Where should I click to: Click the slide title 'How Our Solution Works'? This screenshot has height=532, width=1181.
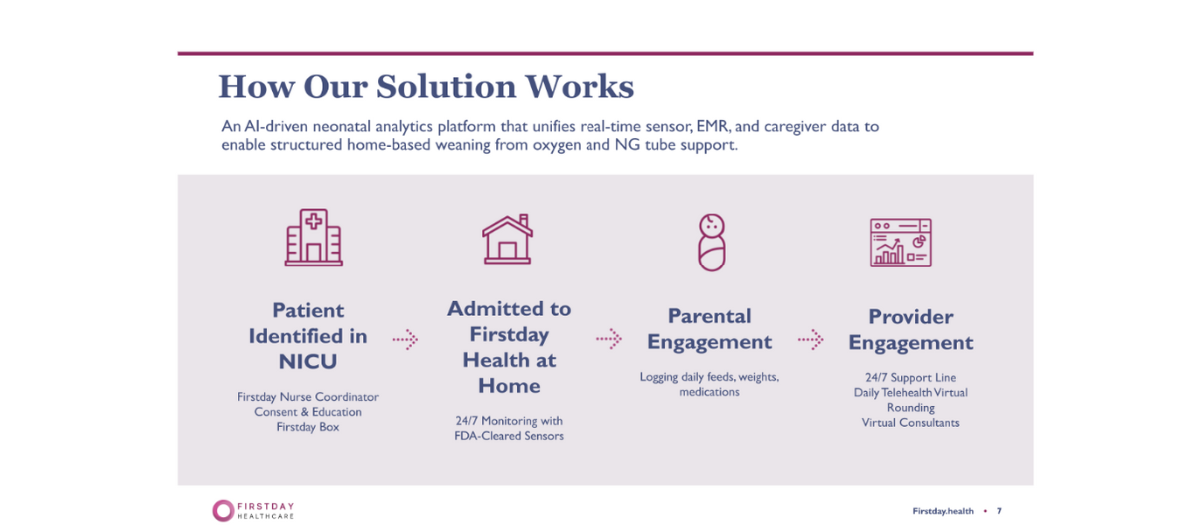426,87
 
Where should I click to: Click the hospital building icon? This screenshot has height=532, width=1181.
313,237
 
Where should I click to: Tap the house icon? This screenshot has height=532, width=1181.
507,239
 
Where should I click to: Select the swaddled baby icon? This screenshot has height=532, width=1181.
711,241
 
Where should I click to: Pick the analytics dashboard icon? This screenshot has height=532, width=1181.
900,242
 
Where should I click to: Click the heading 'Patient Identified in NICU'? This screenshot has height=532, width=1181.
308,336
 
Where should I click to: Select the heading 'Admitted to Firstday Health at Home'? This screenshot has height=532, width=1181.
508,347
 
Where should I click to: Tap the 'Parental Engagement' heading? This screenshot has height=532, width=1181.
709,329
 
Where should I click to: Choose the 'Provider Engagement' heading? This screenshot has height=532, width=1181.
911,330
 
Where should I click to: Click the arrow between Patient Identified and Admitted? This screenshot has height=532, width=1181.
405,339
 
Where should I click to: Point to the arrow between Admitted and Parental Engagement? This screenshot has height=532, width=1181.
609,339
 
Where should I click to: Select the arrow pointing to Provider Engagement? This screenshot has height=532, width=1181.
811,339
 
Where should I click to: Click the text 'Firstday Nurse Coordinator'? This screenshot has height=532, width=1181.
308,397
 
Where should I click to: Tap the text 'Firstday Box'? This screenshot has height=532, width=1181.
308,427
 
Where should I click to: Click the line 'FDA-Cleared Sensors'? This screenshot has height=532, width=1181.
508,436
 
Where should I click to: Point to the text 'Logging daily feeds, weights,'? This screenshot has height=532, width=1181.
709,377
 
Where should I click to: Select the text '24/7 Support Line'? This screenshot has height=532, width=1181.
911,378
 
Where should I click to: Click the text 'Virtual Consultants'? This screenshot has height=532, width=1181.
911,423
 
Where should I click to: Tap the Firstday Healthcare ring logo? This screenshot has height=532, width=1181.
223,511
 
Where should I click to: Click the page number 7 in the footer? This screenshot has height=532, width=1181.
999,511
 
